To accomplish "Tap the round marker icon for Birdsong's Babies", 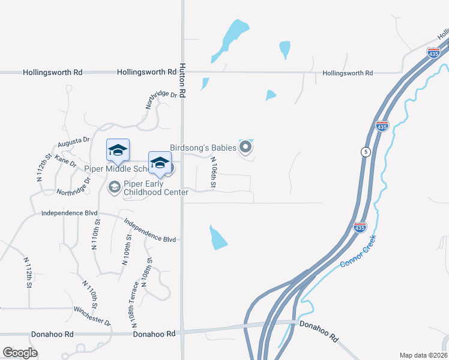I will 245,146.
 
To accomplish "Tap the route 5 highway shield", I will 365,152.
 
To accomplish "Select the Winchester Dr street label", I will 92,317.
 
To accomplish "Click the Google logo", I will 20,353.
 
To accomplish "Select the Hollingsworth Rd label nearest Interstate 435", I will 348,73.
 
